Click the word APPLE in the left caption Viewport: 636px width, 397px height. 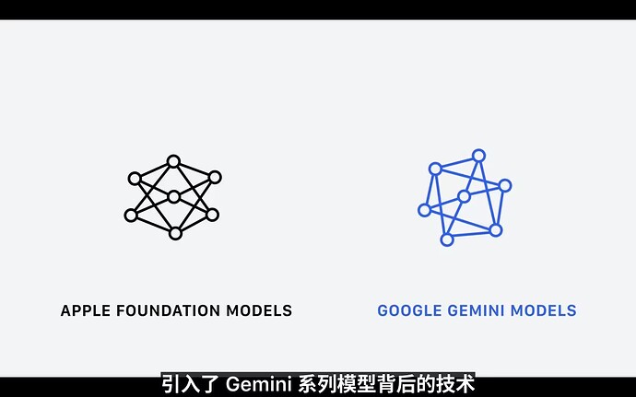pyautogui.click(x=85, y=310)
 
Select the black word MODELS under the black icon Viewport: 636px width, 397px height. pyautogui.click(x=259, y=310)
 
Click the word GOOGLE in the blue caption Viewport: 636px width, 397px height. pyautogui.click(x=409, y=310)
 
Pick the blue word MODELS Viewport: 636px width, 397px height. pyautogui.click(x=544, y=310)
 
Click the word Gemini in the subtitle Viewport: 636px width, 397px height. pyautogui.click(x=258, y=384)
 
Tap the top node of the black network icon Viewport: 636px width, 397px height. pyautogui.click(x=173, y=161)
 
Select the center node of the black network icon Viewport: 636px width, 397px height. pyautogui.click(x=173, y=197)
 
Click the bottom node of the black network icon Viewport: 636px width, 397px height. pyautogui.click(x=175, y=233)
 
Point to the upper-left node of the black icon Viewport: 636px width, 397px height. pyautogui.click(x=135, y=179)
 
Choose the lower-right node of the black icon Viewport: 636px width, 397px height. pyautogui.click(x=212, y=215)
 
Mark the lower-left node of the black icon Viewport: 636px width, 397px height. pyautogui.click(x=131, y=216)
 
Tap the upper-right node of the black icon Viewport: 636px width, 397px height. pyautogui.click(x=215, y=177)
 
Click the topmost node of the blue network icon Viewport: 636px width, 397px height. pyautogui.click(x=478, y=156)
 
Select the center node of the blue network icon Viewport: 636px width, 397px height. pyautogui.click(x=464, y=197)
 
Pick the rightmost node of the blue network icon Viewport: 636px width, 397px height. pyautogui.click(x=505, y=186)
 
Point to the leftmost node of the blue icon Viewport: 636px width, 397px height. pyautogui.click(x=424, y=210)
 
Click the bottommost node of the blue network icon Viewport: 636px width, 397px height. pyautogui.click(x=446, y=239)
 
